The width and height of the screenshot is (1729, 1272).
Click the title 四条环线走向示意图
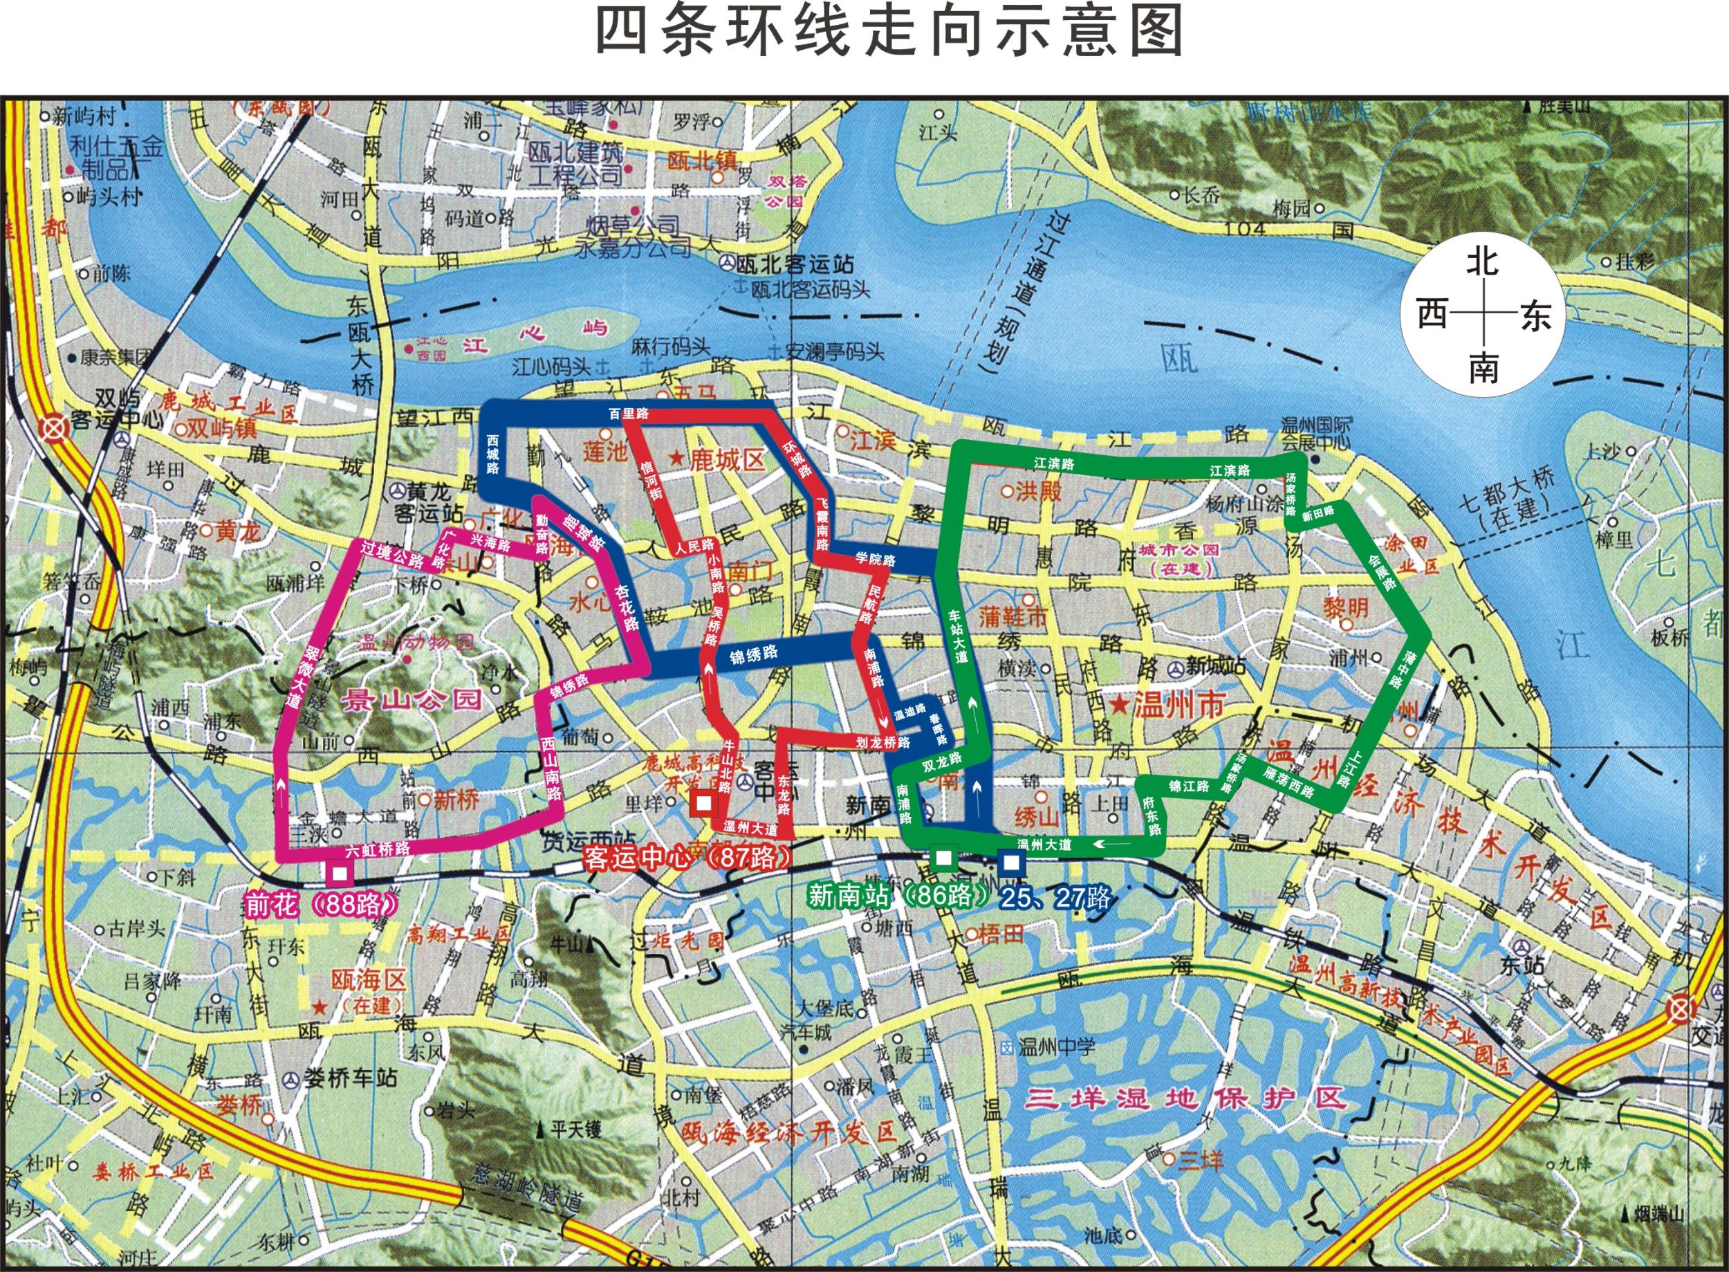point(890,32)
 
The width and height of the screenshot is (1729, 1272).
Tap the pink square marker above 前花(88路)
point(340,873)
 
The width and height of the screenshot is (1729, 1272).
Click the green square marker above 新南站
point(943,858)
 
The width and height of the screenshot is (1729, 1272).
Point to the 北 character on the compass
point(1482,261)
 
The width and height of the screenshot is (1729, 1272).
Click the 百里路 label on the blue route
point(629,414)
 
